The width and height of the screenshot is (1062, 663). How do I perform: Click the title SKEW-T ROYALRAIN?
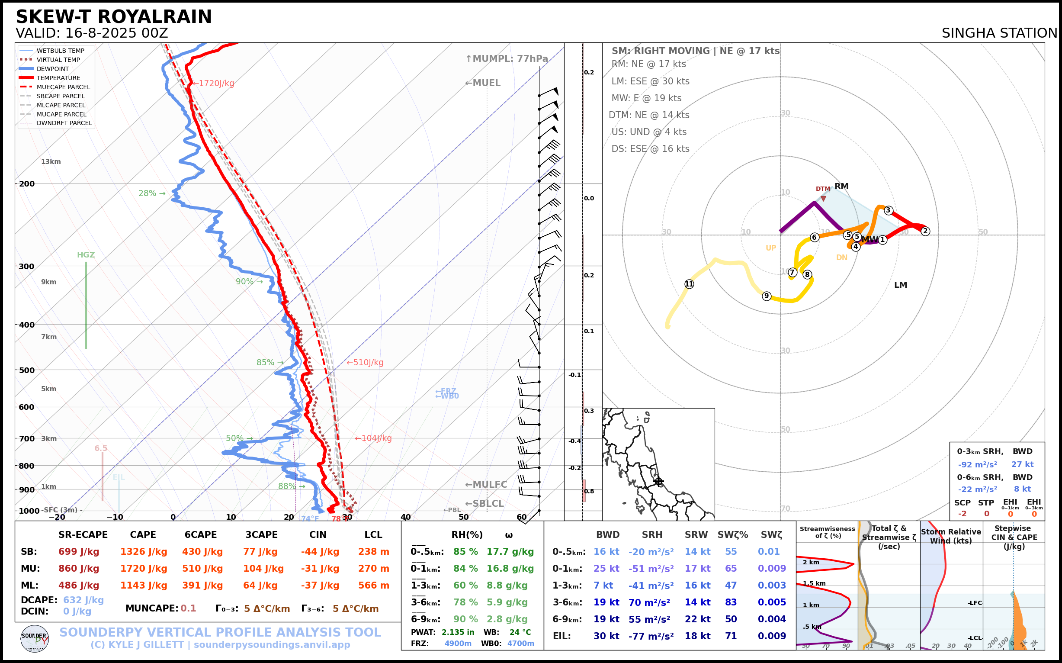(113, 17)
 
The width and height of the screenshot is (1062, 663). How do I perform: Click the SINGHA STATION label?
(999, 33)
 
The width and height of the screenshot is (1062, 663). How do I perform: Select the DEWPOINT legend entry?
(53, 69)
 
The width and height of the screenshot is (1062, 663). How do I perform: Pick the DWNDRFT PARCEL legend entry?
(64, 123)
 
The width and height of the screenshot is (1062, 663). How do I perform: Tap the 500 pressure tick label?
(27, 370)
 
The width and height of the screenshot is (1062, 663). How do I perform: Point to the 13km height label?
(51, 162)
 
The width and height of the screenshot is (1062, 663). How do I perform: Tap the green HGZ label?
(86, 255)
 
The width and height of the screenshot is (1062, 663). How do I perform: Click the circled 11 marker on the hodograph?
(689, 284)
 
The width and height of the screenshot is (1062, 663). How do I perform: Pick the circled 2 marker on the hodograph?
(925, 231)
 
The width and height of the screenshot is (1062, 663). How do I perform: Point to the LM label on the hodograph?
(900, 285)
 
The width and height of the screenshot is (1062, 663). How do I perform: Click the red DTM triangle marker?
(823, 199)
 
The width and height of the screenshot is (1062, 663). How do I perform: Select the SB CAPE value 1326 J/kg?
(144, 552)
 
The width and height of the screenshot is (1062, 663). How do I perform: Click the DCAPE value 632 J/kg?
(83, 600)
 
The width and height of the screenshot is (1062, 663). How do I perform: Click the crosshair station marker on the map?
(658, 482)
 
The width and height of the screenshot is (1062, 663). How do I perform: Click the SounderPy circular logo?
(35, 639)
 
